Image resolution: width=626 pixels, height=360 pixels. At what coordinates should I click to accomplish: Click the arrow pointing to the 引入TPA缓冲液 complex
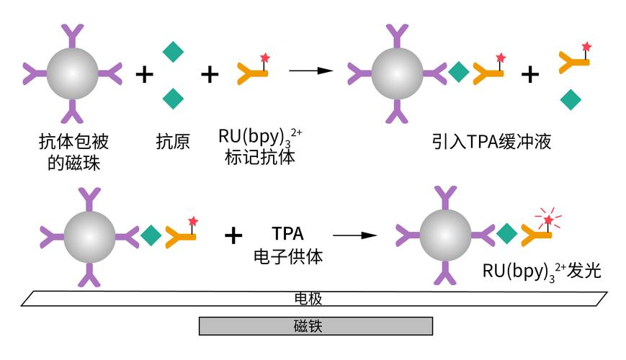310,71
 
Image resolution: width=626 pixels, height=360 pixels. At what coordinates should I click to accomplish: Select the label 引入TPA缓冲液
487,142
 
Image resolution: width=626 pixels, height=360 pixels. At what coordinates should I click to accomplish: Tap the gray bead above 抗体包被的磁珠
72,73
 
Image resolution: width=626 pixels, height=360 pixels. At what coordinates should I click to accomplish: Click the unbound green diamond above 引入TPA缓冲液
571,99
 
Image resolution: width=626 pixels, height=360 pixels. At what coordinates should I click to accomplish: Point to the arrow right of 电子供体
354,235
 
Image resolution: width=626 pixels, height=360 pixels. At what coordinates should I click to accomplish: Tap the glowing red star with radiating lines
549,219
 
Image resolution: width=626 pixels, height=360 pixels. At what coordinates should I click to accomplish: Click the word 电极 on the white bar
313,298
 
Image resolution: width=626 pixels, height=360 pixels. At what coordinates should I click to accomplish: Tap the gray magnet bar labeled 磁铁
316,326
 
